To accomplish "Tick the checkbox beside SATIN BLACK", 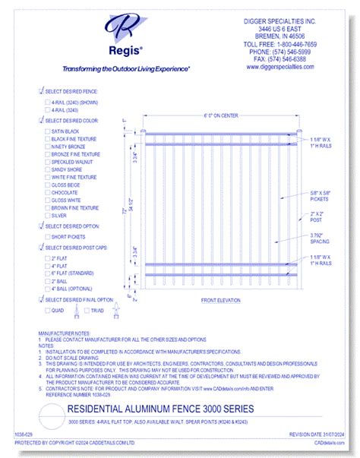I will pos(47,131).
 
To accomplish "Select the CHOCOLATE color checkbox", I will pos(47,192).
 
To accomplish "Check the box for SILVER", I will pos(47,215).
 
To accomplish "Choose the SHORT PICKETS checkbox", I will pos(47,236).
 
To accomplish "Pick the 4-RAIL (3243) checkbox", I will pos(47,109).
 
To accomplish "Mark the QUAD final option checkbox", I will pos(47,310).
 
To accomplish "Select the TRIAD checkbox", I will pos(88,310).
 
